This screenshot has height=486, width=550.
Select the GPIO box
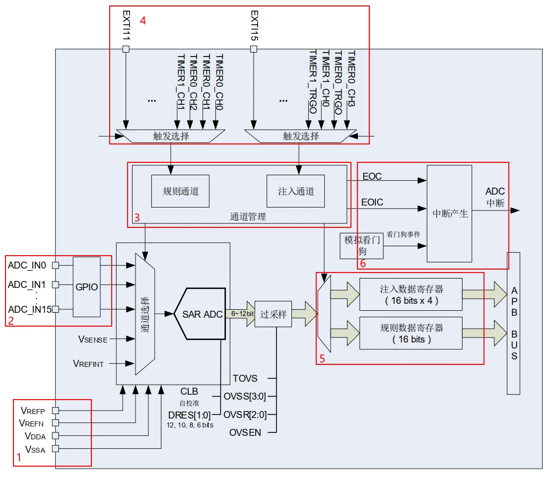tap(86, 287)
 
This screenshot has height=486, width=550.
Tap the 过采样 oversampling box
tap(273, 314)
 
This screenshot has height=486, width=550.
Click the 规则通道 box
tap(180, 191)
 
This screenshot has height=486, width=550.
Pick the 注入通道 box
tap(295, 191)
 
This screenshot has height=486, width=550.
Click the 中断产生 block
tap(449, 213)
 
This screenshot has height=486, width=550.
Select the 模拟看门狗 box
tap(362, 245)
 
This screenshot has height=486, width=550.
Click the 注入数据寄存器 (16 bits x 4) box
tap(411, 295)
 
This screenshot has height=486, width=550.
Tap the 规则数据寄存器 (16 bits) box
tap(411, 333)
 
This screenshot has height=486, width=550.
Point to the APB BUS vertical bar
tap(514, 323)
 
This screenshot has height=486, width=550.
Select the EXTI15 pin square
tap(254, 49)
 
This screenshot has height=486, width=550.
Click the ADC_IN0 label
tap(27, 266)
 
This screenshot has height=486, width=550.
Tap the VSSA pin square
tap(55, 449)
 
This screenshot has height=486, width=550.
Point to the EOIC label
tap(372, 203)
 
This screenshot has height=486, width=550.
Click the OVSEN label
tap(245, 432)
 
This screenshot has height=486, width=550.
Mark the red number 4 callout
tap(142, 21)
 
